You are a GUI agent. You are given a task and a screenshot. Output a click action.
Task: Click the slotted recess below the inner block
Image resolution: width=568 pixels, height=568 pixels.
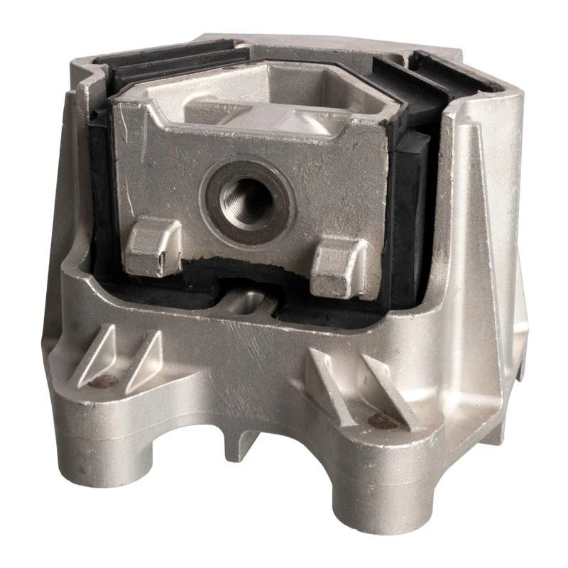248,304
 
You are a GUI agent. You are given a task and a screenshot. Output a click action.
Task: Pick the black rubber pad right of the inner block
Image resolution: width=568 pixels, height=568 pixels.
412,213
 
